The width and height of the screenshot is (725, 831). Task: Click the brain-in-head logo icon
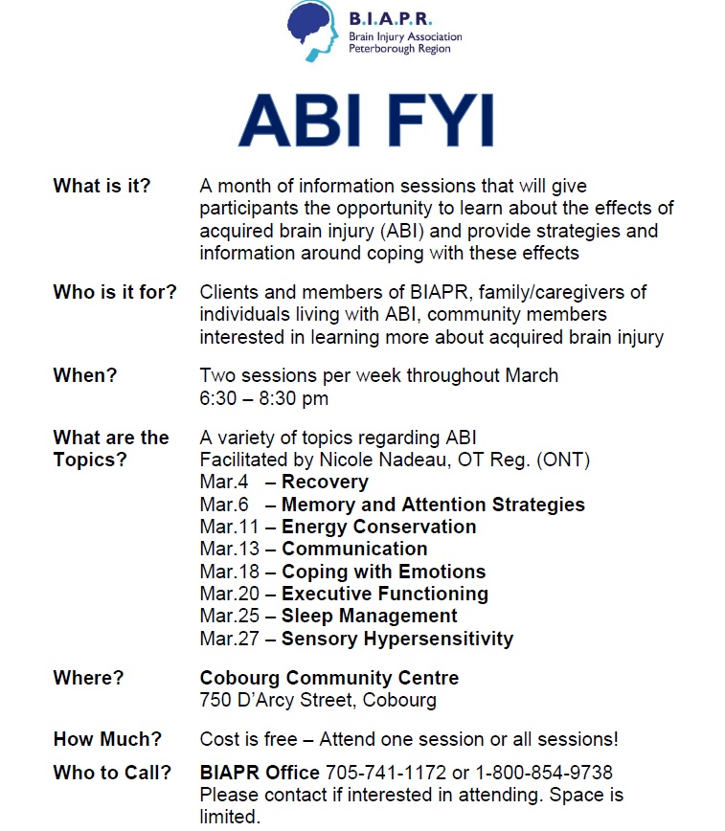pos(312,31)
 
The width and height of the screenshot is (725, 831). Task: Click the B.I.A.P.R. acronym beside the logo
pos(391,19)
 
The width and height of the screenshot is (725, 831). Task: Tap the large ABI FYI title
pos(367,120)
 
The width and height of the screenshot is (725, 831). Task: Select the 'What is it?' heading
pos(102,186)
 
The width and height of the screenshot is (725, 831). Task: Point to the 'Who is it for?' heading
pos(115,292)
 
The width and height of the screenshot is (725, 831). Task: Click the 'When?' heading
pos(85,375)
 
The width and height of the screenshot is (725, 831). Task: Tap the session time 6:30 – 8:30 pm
pos(264,398)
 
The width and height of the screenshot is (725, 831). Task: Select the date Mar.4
pos(224,482)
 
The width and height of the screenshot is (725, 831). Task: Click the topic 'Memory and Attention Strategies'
pos(433,505)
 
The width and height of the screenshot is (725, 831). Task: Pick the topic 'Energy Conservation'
pos(378,527)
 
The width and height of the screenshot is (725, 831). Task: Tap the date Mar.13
pos(230,550)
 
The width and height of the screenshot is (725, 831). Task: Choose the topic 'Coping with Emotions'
pos(383,572)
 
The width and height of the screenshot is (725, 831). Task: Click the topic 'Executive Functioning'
pos(385,595)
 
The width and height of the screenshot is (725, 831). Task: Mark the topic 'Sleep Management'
pos(369,617)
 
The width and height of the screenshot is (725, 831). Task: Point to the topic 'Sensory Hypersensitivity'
pos(397,640)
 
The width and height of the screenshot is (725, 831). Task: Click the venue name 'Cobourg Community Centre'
pos(329,679)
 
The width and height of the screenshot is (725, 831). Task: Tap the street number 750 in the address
pos(215,701)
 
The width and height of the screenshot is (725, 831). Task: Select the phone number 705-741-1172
pos(386,773)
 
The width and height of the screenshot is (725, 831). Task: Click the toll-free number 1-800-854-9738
pos(544,773)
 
